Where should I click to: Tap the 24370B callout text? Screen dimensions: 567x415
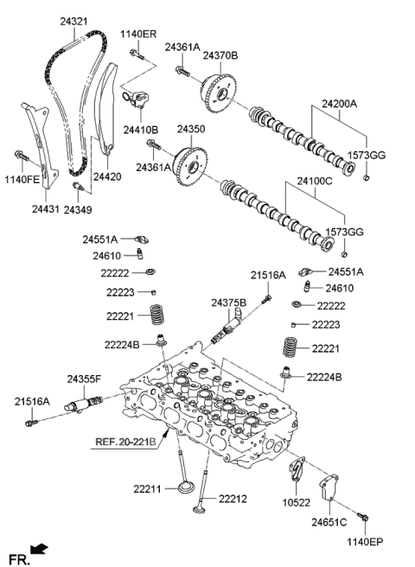(221, 54)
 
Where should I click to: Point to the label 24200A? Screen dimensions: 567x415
(339, 103)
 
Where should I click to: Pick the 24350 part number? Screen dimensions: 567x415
(191, 129)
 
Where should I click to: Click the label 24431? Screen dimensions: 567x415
(47, 208)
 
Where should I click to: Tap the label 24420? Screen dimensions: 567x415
(107, 176)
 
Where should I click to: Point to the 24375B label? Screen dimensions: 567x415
(229, 303)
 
